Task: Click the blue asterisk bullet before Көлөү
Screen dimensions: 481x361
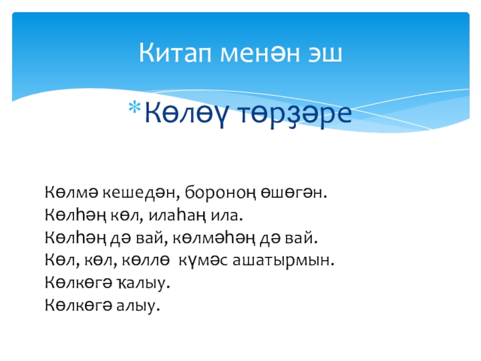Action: pyautogui.click(x=134, y=108)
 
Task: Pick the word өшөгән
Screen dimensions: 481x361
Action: pyautogui.click(x=292, y=193)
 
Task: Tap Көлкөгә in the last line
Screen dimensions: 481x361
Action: pyautogui.click(x=78, y=305)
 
